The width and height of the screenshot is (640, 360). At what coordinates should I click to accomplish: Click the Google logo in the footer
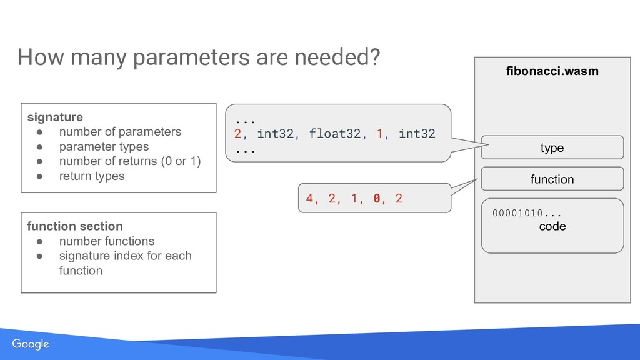[x=30, y=345]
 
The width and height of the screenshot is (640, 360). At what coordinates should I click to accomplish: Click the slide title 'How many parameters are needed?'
[x=199, y=58]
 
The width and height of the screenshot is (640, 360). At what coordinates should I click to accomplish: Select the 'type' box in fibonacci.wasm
[x=552, y=147]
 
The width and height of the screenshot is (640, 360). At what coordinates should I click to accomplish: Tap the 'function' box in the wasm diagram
[x=552, y=179]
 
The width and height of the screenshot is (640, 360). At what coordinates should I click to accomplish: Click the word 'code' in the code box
[x=552, y=226]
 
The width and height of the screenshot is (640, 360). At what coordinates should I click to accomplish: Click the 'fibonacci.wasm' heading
[x=552, y=71]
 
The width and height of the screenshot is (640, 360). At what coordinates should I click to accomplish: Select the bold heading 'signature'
[x=55, y=117]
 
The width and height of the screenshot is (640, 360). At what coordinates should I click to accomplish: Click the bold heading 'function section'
[x=75, y=226]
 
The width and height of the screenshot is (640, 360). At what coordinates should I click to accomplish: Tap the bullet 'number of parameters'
[x=120, y=132]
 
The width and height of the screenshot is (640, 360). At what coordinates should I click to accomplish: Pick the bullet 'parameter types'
[x=104, y=146]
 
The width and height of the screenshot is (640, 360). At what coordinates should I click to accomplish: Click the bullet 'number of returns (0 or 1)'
[x=130, y=161]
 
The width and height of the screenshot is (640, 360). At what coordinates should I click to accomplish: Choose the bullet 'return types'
[x=92, y=176]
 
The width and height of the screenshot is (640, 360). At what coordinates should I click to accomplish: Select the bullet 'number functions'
[x=106, y=241]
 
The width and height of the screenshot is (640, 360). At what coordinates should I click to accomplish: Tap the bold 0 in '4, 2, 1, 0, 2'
[x=376, y=199]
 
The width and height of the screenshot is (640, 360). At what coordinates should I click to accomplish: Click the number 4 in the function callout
[x=309, y=199]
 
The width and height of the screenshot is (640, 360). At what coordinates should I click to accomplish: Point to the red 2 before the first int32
[x=237, y=133]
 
